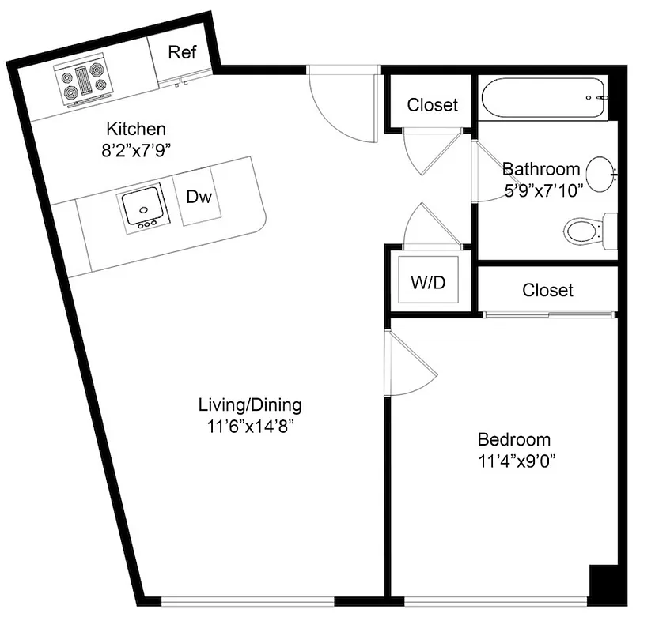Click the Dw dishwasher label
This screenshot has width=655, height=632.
(x=199, y=197)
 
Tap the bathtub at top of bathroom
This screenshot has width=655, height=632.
(x=543, y=97)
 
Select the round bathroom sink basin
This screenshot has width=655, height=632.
(x=602, y=171)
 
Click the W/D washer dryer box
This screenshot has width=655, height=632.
(x=428, y=283)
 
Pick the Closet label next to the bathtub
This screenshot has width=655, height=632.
(x=432, y=105)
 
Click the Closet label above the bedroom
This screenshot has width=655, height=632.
(x=547, y=291)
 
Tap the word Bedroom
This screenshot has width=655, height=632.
(x=513, y=440)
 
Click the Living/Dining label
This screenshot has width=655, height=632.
(x=249, y=406)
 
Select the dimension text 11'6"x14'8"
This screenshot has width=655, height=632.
(x=250, y=427)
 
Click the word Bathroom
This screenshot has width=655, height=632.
(x=541, y=168)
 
